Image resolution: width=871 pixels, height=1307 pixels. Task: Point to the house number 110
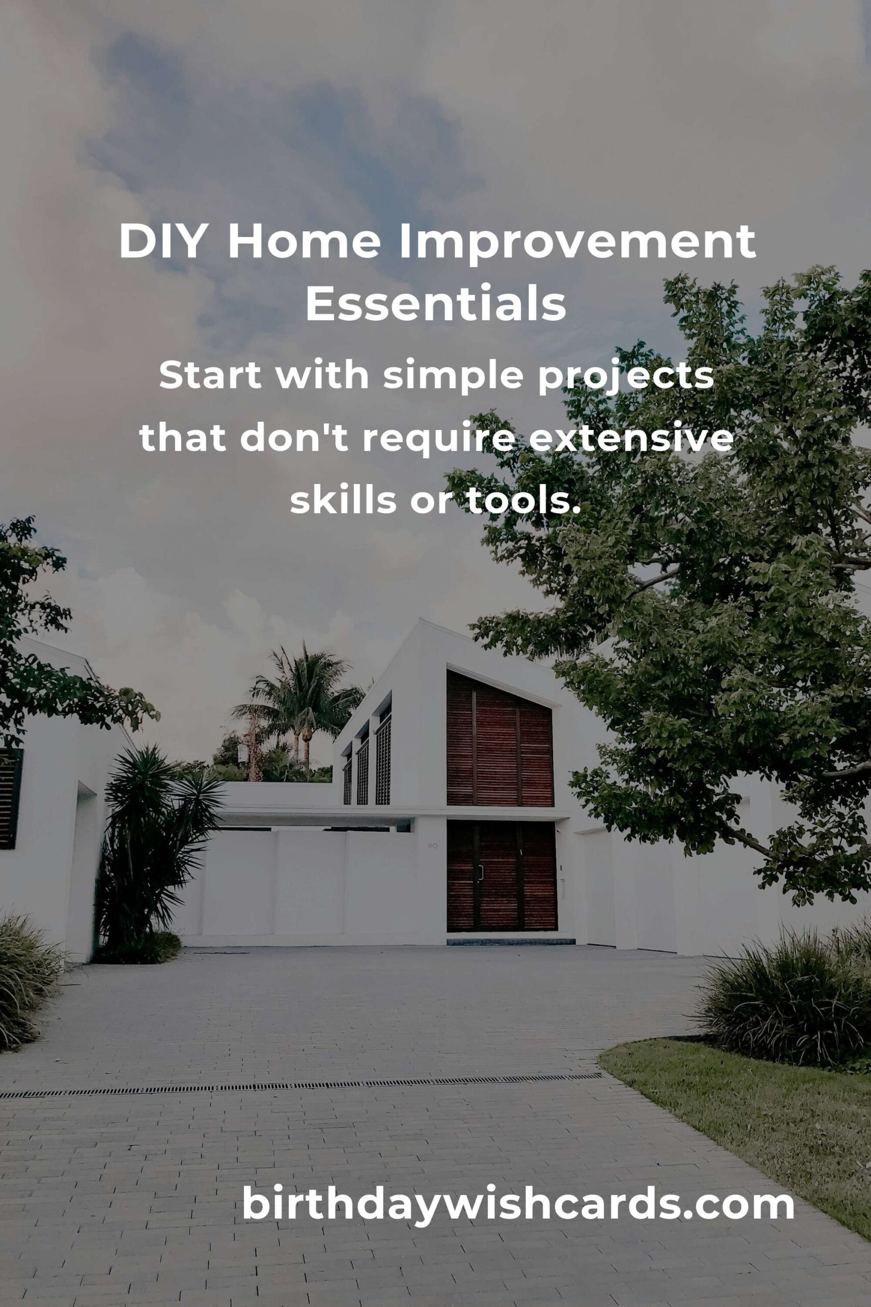point(433,846)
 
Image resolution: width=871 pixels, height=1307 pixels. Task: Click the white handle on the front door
point(481,874)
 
